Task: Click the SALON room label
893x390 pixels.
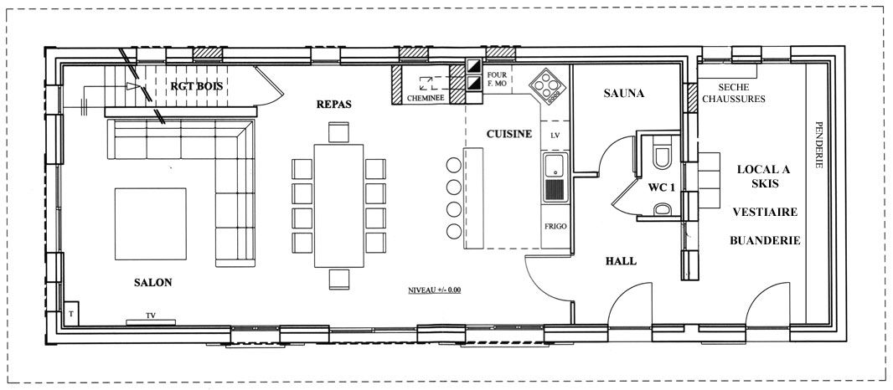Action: [x=152, y=282]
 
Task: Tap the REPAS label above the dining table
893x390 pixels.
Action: [x=334, y=104]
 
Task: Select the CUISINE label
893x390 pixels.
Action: [x=509, y=134]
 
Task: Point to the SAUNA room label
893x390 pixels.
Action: [x=623, y=94]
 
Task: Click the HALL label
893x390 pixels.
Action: [x=621, y=261]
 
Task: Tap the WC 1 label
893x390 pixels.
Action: [x=661, y=187]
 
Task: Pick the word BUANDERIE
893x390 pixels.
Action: [x=765, y=240]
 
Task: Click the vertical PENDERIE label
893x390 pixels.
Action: [x=819, y=145]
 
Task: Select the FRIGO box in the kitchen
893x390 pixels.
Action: [x=555, y=226]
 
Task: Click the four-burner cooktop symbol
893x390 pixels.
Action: [x=547, y=86]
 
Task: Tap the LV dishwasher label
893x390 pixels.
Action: [x=555, y=136]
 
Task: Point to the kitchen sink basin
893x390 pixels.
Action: [x=555, y=165]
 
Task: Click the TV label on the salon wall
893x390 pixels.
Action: [x=150, y=315]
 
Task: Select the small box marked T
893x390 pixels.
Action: [x=71, y=313]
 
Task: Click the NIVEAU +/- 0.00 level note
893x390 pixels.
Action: [x=435, y=290]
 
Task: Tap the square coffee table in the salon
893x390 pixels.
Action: [x=150, y=223]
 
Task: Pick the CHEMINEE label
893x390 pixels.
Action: [x=425, y=98]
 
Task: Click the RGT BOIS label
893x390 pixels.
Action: [x=197, y=86]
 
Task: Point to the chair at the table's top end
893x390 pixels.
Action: [x=339, y=132]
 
